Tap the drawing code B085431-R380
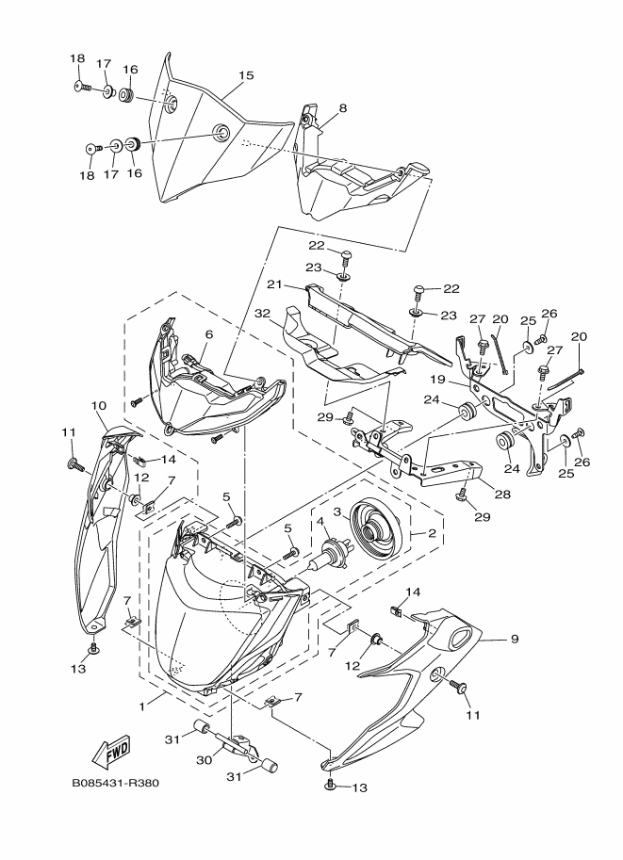[115, 783]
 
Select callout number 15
[246, 75]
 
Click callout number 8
[343, 108]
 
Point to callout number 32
[262, 314]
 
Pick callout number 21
[274, 284]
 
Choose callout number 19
[437, 379]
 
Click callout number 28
[502, 495]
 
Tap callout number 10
[99, 406]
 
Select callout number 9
[515, 639]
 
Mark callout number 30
[205, 760]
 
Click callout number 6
[208, 334]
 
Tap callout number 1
[141, 706]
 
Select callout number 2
[432, 533]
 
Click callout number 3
[338, 512]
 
